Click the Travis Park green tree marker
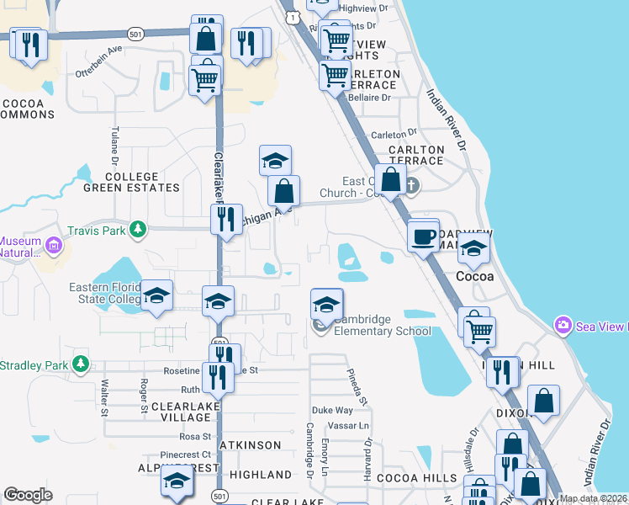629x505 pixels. [x=134, y=229]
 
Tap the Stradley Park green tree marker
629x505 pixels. [x=81, y=364]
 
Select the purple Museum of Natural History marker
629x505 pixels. [x=55, y=246]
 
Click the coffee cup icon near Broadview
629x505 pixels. [x=423, y=235]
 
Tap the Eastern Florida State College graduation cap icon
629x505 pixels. [x=156, y=295]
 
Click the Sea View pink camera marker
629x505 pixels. [x=563, y=325]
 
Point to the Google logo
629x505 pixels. [x=28, y=495]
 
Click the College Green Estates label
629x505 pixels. [x=132, y=183]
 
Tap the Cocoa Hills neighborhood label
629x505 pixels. [x=405, y=477]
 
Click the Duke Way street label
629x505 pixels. [x=332, y=410]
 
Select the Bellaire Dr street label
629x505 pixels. [x=370, y=98]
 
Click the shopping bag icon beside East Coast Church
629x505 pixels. [x=391, y=178]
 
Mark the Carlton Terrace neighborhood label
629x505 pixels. [x=416, y=155]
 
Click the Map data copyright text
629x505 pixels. [x=594, y=498]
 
